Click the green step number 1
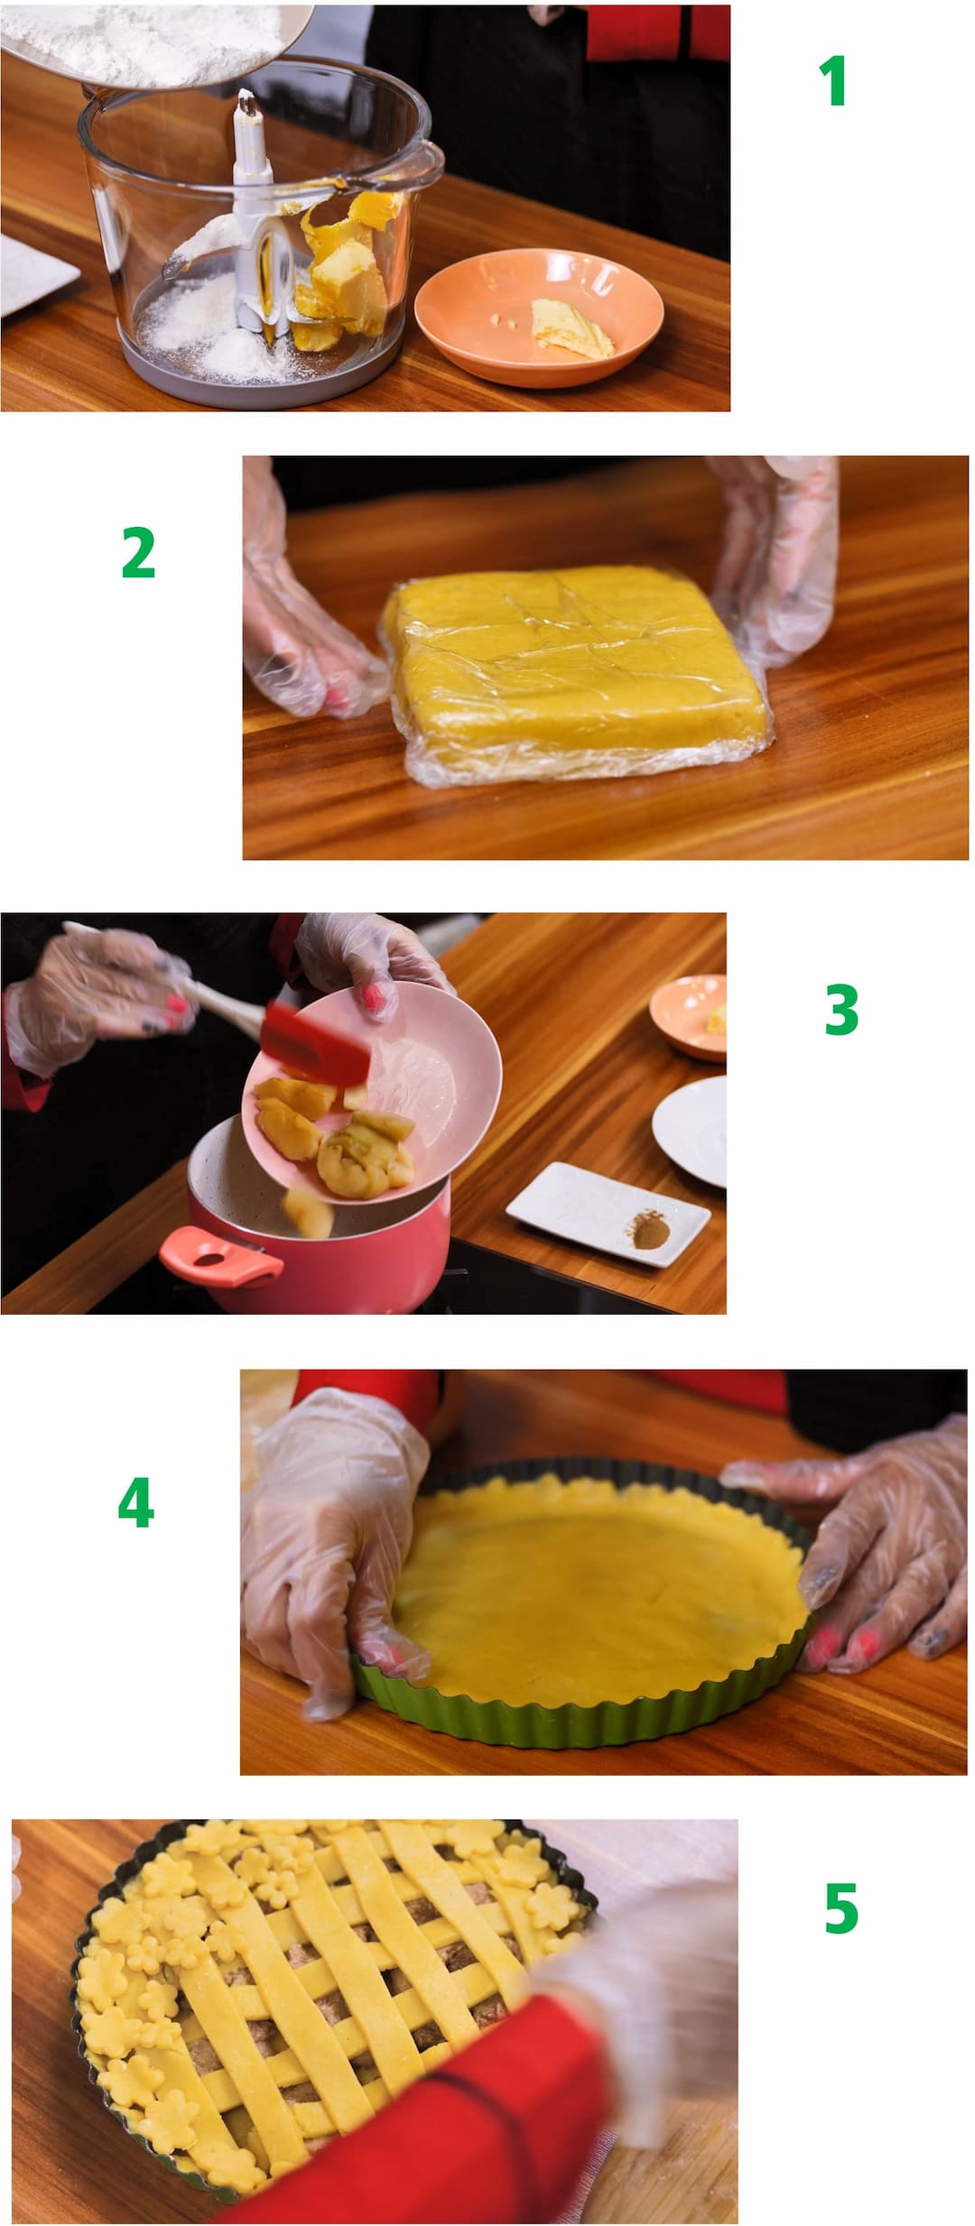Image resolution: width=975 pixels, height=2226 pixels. point(832,81)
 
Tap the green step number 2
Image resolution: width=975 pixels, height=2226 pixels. point(138,552)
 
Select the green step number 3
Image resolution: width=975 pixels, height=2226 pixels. point(840,1010)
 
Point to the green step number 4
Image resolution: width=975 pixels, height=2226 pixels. point(135,1503)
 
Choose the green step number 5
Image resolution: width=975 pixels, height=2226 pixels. point(840,1908)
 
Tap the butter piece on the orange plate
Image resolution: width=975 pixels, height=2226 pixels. point(571,328)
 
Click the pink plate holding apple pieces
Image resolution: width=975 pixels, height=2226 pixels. point(372,1093)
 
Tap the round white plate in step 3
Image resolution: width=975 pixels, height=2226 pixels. point(691,1130)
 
